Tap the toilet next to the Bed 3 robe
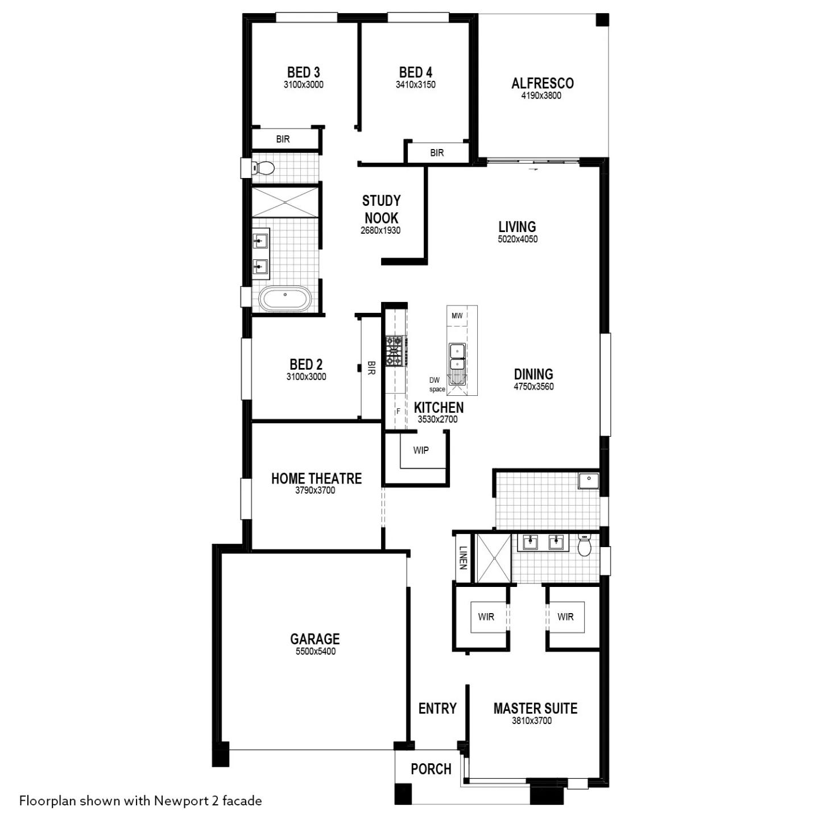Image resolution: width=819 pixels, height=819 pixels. pyautogui.click(x=263, y=168)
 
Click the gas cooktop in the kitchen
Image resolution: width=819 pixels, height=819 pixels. pyautogui.click(x=394, y=351)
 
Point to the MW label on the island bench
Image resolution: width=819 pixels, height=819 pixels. pyautogui.click(x=457, y=316)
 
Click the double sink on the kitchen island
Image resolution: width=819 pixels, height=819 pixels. pyautogui.click(x=457, y=357)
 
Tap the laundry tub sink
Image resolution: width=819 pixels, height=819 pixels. pyautogui.click(x=589, y=480)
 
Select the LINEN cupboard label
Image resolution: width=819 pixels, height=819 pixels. pyautogui.click(x=464, y=557)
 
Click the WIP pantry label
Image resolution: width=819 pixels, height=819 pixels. pyautogui.click(x=421, y=450)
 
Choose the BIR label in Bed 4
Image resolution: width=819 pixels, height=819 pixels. pyautogui.click(x=437, y=152)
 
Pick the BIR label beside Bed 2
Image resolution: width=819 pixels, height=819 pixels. pyautogui.click(x=371, y=367)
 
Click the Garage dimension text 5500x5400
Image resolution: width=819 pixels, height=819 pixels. pyautogui.click(x=315, y=652)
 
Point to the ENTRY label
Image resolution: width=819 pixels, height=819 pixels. pyautogui.click(x=437, y=708)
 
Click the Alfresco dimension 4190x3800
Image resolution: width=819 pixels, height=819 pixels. pyautogui.click(x=541, y=96)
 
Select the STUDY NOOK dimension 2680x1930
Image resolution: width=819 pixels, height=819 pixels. pyautogui.click(x=380, y=230)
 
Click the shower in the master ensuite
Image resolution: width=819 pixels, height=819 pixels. pyautogui.click(x=494, y=559)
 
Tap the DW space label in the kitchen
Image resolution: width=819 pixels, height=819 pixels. pyautogui.click(x=436, y=384)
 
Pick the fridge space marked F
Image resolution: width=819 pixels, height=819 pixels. pyautogui.click(x=398, y=411)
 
